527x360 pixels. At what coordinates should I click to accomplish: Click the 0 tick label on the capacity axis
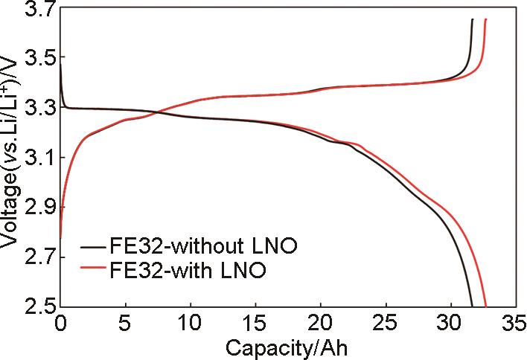[60, 324]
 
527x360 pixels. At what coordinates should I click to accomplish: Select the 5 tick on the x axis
[126, 324]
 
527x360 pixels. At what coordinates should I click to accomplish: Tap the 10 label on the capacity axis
[191, 324]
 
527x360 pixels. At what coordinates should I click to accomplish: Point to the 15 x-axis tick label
[256, 324]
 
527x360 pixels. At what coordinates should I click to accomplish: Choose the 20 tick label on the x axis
[321, 324]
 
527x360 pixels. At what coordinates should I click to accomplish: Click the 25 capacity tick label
[386, 324]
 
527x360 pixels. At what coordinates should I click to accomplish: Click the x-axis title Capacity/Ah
[287, 347]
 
